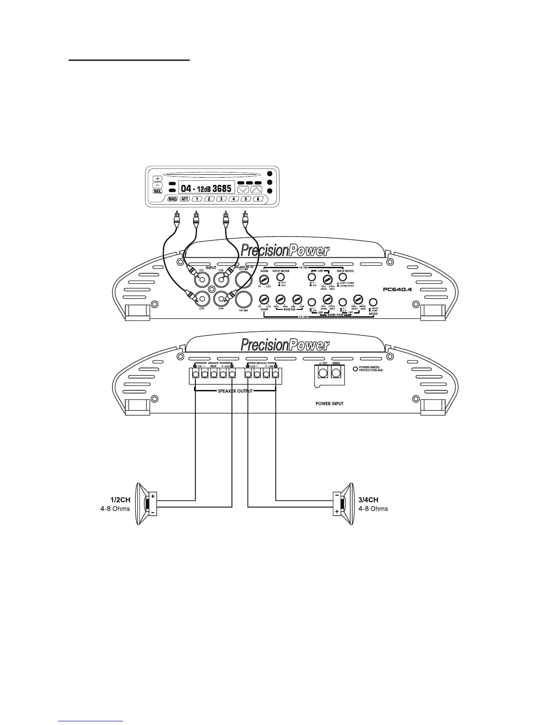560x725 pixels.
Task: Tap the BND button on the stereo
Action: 172,199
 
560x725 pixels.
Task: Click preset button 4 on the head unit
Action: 233,199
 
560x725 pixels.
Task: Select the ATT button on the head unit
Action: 185,199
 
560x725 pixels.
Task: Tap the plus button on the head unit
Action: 157,178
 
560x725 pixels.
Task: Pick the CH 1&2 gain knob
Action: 264,279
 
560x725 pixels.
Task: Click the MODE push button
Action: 373,302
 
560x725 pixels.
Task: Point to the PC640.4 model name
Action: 398,289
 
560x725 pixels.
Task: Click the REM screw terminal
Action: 214,374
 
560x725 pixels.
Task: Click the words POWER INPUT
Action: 329,404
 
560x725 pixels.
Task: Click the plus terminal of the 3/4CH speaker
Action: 337,511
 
